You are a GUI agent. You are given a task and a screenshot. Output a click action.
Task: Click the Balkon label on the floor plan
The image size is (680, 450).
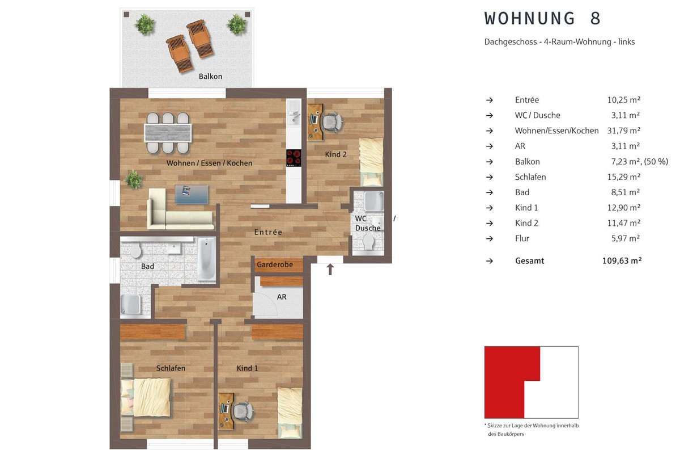tap(210, 76)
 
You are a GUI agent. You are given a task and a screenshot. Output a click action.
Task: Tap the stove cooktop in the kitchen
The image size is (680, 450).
tap(294, 158)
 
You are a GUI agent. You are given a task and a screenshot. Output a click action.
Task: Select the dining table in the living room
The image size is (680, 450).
tap(168, 133)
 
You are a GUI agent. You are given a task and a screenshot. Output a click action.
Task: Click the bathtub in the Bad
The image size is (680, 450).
tap(206, 259)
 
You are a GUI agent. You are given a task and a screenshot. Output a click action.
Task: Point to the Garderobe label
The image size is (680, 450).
tap(275, 264)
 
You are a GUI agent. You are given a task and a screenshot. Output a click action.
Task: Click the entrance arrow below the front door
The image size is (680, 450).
tap(330, 270)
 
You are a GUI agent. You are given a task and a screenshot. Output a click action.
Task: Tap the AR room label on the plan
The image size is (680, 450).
tap(282, 297)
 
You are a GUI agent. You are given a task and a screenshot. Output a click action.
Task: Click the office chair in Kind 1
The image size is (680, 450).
tap(244, 411)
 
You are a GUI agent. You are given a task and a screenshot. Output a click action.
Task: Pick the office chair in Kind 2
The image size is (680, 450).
tap(333, 121)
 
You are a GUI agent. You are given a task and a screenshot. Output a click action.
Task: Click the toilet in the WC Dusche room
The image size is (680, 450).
tap(368, 243)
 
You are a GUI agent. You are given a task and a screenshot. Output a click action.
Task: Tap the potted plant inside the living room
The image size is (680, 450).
tap(133, 179)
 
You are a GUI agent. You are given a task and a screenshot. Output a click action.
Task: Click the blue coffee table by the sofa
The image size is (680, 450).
tap(192, 195)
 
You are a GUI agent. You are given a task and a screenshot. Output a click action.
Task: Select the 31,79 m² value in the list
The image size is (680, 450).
tap(624, 131)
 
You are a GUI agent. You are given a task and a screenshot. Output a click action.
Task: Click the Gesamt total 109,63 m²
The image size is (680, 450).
tap(622, 260)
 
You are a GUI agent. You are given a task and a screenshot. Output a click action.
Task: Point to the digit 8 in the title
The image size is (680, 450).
tap(596, 18)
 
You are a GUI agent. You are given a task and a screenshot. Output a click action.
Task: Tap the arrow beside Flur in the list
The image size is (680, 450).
tap(490, 239)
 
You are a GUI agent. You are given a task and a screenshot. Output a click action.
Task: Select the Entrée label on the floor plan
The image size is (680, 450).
tap(269, 232)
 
